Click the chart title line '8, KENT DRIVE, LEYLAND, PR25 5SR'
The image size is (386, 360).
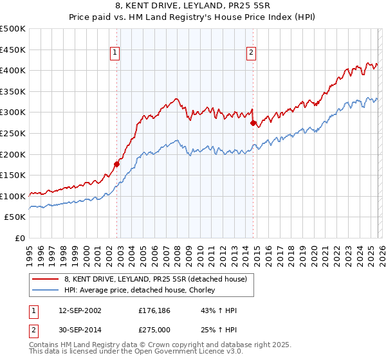pyautogui.click(x=193, y=7)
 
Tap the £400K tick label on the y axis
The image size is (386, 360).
pyautogui.click(x=14, y=71)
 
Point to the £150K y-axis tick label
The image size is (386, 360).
pyautogui.click(x=14, y=175)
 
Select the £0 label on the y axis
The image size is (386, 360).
pyautogui.click(x=21, y=238)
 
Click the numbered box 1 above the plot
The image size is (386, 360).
pyautogui.click(x=115, y=53)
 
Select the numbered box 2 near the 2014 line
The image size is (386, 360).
pyautogui.click(x=250, y=53)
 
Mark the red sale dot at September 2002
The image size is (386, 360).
pyautogui.click(x=116, y=164)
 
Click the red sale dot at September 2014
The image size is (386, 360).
pyautogui.click(x=253, y=123)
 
